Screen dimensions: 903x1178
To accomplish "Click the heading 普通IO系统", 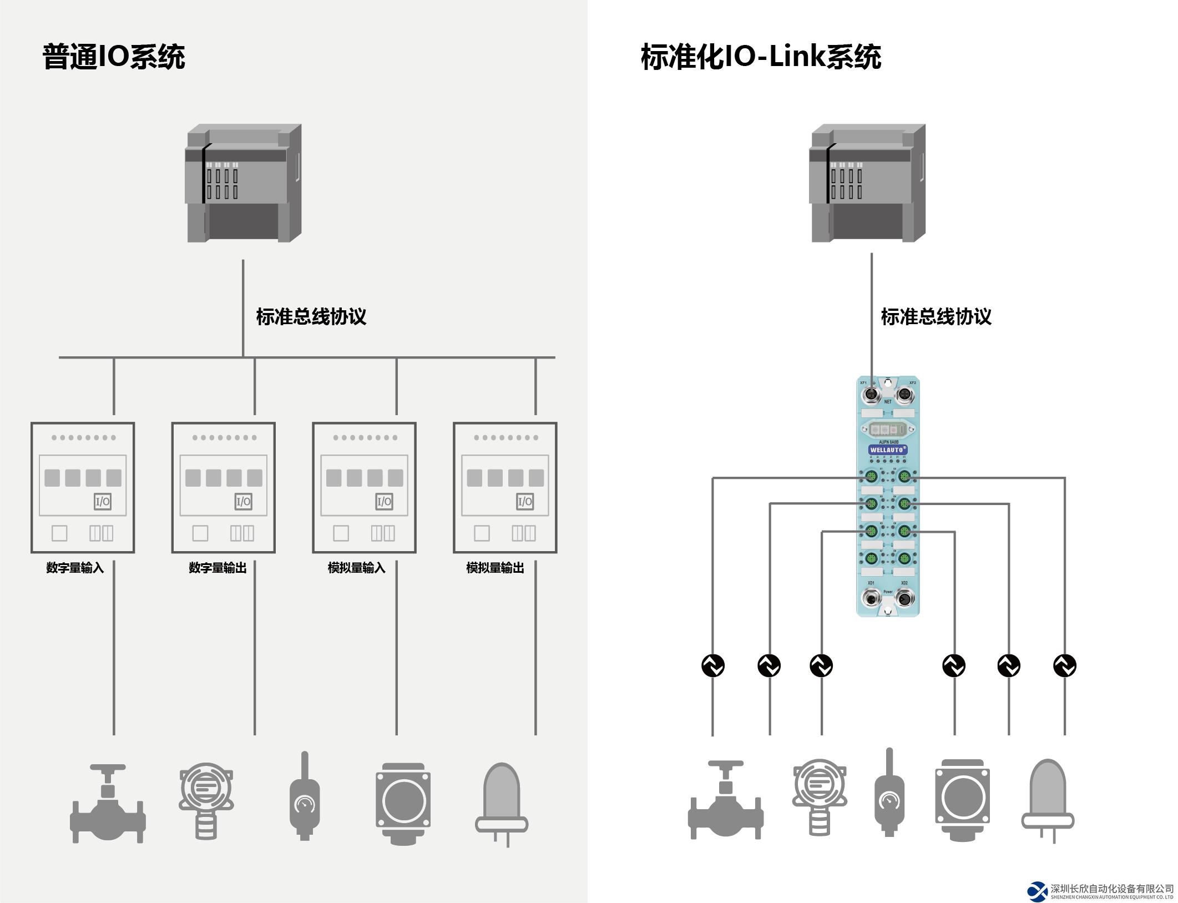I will point(114,57).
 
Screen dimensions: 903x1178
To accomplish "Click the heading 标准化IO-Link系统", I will point(761,57).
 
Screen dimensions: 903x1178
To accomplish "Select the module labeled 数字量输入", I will point(83,487).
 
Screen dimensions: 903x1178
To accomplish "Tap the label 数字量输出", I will point(218,568).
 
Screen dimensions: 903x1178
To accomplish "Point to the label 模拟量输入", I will point(356,568).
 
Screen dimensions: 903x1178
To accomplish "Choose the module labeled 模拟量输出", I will point(505,487).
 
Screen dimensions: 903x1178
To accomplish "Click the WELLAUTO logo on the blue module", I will point(888,450).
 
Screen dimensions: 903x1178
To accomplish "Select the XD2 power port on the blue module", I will point(904,598).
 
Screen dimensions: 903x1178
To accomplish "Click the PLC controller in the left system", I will point(243,183).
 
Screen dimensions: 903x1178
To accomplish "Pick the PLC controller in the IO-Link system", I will point(868,183).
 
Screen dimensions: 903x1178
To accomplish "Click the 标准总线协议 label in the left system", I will point(311,317).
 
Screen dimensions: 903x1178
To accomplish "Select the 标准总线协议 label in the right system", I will point(936,317).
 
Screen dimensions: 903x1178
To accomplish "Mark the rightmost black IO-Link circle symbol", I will point(1064,665).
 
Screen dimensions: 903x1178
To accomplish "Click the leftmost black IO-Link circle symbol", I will point(713,665).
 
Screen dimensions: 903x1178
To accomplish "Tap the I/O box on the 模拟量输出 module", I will point(525,502).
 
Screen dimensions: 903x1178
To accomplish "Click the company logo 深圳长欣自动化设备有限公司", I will point(1101,891).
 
